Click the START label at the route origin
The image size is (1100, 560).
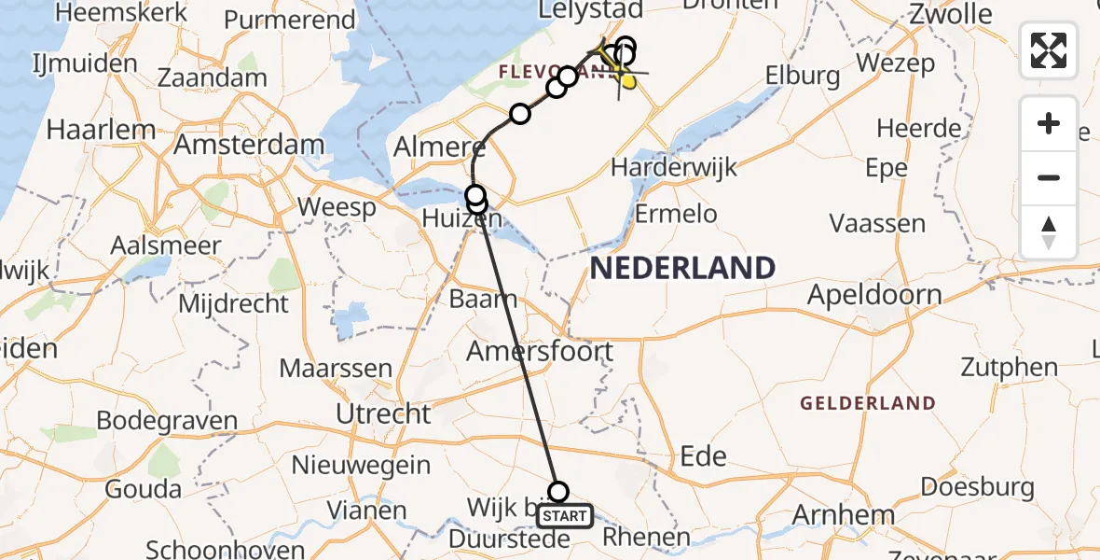565,516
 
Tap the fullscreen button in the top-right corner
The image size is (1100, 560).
1049,50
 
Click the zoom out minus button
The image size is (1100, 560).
1049,177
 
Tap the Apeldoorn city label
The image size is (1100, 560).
874,296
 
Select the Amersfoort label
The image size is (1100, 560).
540,352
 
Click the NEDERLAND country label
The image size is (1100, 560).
682,269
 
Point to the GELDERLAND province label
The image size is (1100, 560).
868,403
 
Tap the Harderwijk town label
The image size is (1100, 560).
674,168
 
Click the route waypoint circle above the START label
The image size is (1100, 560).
558,492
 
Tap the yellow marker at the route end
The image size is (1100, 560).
628,82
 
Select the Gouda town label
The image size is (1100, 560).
144,489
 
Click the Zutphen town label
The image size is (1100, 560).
1009,367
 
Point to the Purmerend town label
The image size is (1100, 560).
290,20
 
